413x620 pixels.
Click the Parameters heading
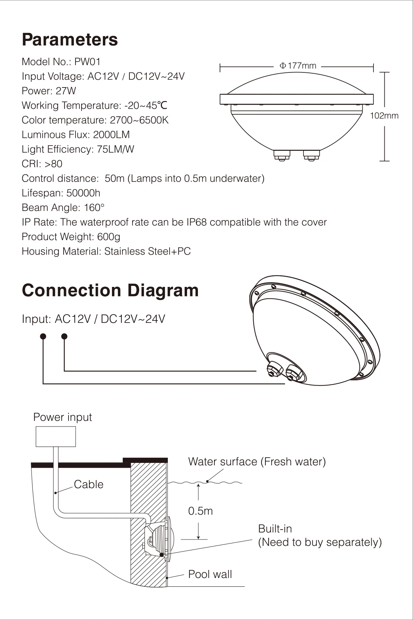click(x=70, y=40)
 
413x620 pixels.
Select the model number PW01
click(x=87, y=62)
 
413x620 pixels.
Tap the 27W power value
click(x=66, y=91)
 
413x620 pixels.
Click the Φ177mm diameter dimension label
click(x=298, y=66)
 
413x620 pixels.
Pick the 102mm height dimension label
click(x=384, y=116)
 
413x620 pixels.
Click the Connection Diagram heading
click(x=110, y=290)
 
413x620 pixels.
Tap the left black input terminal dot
click(x=43, y=337)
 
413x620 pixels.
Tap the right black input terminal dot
click(x=64, y=337)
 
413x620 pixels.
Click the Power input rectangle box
click(x=56, y=437)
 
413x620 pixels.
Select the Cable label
click(x=88, y=485)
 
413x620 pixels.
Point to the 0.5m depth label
click(x=200, y=511)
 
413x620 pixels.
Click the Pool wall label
click(x=210, y=574)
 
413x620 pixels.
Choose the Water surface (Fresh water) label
click(x=257, y=462)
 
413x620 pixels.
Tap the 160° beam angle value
click(x=94, y=208)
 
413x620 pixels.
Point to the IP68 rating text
click(x=197, y=223)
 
